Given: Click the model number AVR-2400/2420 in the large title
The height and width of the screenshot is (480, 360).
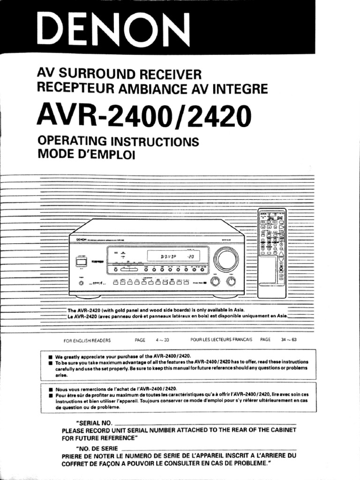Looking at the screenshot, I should click(x=143, y=115).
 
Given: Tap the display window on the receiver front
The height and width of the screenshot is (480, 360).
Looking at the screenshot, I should click(x=173, y=256).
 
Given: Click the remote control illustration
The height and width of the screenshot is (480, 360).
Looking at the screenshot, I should click(x=272, y=253).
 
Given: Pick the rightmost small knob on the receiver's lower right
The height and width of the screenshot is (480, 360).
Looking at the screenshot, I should click(x=231, y=282).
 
